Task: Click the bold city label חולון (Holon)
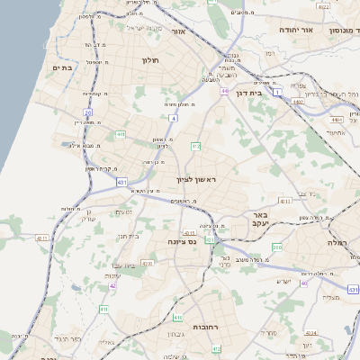point(149,60)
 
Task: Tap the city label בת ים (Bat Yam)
point(62,68)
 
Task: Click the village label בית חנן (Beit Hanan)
point(130,236)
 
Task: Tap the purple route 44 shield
point(223,91)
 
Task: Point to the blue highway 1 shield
point(278,94)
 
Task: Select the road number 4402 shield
point(299,103)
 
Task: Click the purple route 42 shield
point(112,285)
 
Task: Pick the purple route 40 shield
point(303,283)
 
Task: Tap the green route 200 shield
point(277,246)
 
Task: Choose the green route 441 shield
point(119,134)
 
